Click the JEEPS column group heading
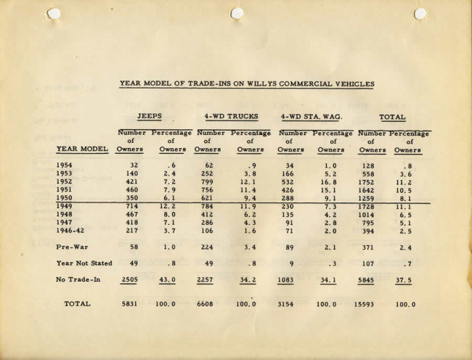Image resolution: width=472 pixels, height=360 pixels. (x=150, y=116)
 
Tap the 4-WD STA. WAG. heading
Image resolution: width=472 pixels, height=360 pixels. (x=311, y=116)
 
